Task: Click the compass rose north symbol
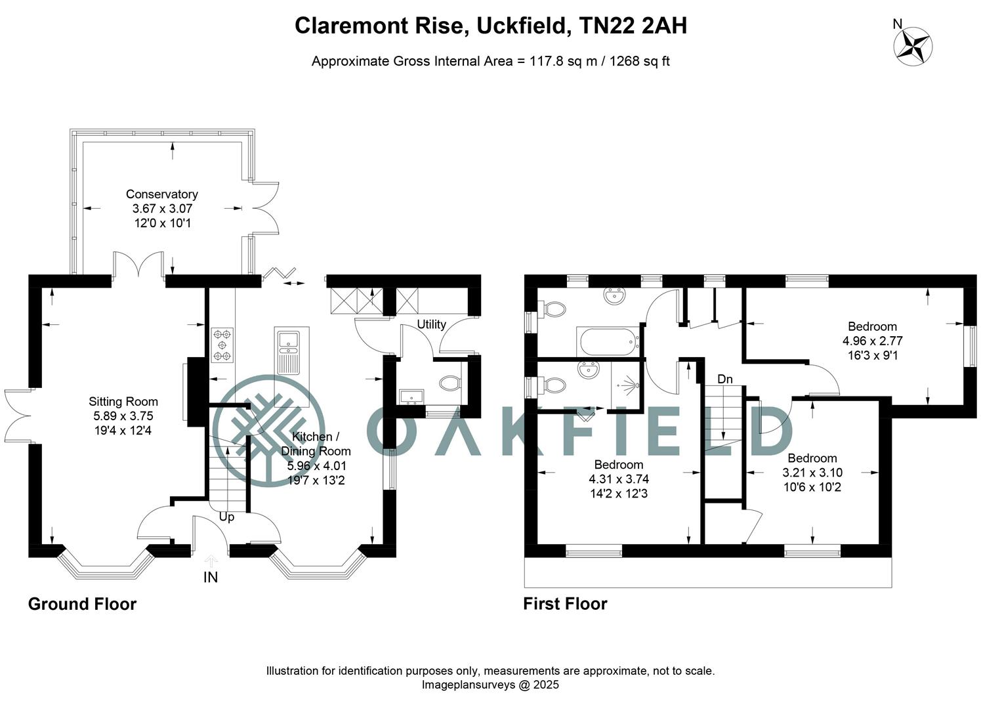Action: (913, 45)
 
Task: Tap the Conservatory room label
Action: (161, 194)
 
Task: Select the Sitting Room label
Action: (123, 402)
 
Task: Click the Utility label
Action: (431, 324)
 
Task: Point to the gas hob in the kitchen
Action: (222, 345)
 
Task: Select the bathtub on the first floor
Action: (608, 341)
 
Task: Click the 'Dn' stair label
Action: (724, 379)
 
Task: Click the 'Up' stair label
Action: (226, 517)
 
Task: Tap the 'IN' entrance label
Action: (211, 577)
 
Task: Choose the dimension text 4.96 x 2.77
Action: (872, 341)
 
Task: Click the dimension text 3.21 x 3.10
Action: (812, 473)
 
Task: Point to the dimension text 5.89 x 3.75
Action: (123, 416)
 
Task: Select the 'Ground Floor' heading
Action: (82, 604)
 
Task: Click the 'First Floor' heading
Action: (565, 604)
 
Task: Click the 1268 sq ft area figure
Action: (639, 62)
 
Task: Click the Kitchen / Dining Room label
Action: (316, 444)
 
